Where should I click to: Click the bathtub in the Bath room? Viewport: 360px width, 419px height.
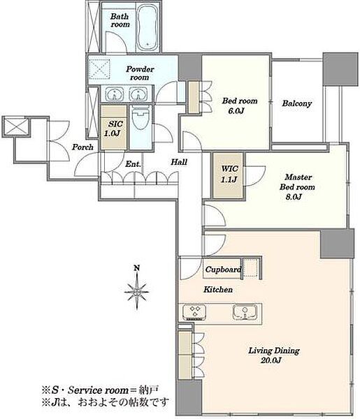click(147, 27)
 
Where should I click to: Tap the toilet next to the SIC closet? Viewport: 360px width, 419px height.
click(141, 118)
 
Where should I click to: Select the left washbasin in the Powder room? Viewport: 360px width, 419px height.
click(115, 94)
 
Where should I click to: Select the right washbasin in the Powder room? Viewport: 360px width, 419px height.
click(138, 94)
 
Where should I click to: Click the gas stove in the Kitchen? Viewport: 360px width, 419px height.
click(195, 312)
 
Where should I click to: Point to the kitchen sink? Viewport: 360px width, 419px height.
click(245, 311)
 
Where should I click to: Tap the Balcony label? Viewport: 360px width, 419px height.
click(297, 103)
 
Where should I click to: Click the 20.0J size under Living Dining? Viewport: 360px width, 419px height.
click(271, 360)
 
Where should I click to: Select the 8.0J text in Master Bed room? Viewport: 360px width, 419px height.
click(294, 197)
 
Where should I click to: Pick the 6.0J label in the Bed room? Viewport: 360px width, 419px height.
click(236, 110)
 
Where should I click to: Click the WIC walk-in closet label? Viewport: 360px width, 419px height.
click(229, 169)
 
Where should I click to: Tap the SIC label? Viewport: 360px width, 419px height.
click(115, 124)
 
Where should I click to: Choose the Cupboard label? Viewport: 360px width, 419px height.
click(223, 270)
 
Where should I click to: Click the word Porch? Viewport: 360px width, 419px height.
click(82, 147)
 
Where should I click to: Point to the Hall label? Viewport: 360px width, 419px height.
click(179, 162)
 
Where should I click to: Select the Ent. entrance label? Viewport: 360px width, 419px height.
click(133, 164)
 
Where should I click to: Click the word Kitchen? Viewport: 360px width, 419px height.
click(218, 289)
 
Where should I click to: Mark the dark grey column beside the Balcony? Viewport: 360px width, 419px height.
click(340, 69)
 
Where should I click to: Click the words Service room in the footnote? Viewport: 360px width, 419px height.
click(98, 390)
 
